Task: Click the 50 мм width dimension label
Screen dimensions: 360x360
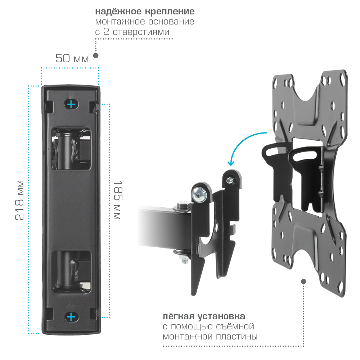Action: point(72,58)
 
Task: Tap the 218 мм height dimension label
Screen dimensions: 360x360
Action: point(20,201)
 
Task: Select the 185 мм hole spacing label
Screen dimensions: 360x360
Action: point(118,200)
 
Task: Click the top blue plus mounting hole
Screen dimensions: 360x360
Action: point(71,104)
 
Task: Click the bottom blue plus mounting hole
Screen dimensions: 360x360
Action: point(71,317)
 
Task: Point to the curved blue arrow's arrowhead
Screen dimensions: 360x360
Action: point(231,163)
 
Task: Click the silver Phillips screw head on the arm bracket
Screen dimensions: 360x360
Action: point(199,194)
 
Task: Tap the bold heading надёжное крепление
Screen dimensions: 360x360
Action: point(145,11)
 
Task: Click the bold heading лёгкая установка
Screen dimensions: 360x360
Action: point(204,316)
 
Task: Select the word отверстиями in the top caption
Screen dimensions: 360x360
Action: point(141,32)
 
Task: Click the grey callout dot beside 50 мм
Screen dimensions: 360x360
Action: point(96,55)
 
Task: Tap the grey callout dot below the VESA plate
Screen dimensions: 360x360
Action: point(303,282)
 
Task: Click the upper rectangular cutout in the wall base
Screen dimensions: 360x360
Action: point(71,149)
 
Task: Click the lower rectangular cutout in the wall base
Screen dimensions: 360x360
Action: point(71,272)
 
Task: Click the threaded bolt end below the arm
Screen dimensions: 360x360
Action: point(184,259)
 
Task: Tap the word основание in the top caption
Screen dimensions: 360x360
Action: point(171,22)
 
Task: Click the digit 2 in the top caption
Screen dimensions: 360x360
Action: point(106,32)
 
